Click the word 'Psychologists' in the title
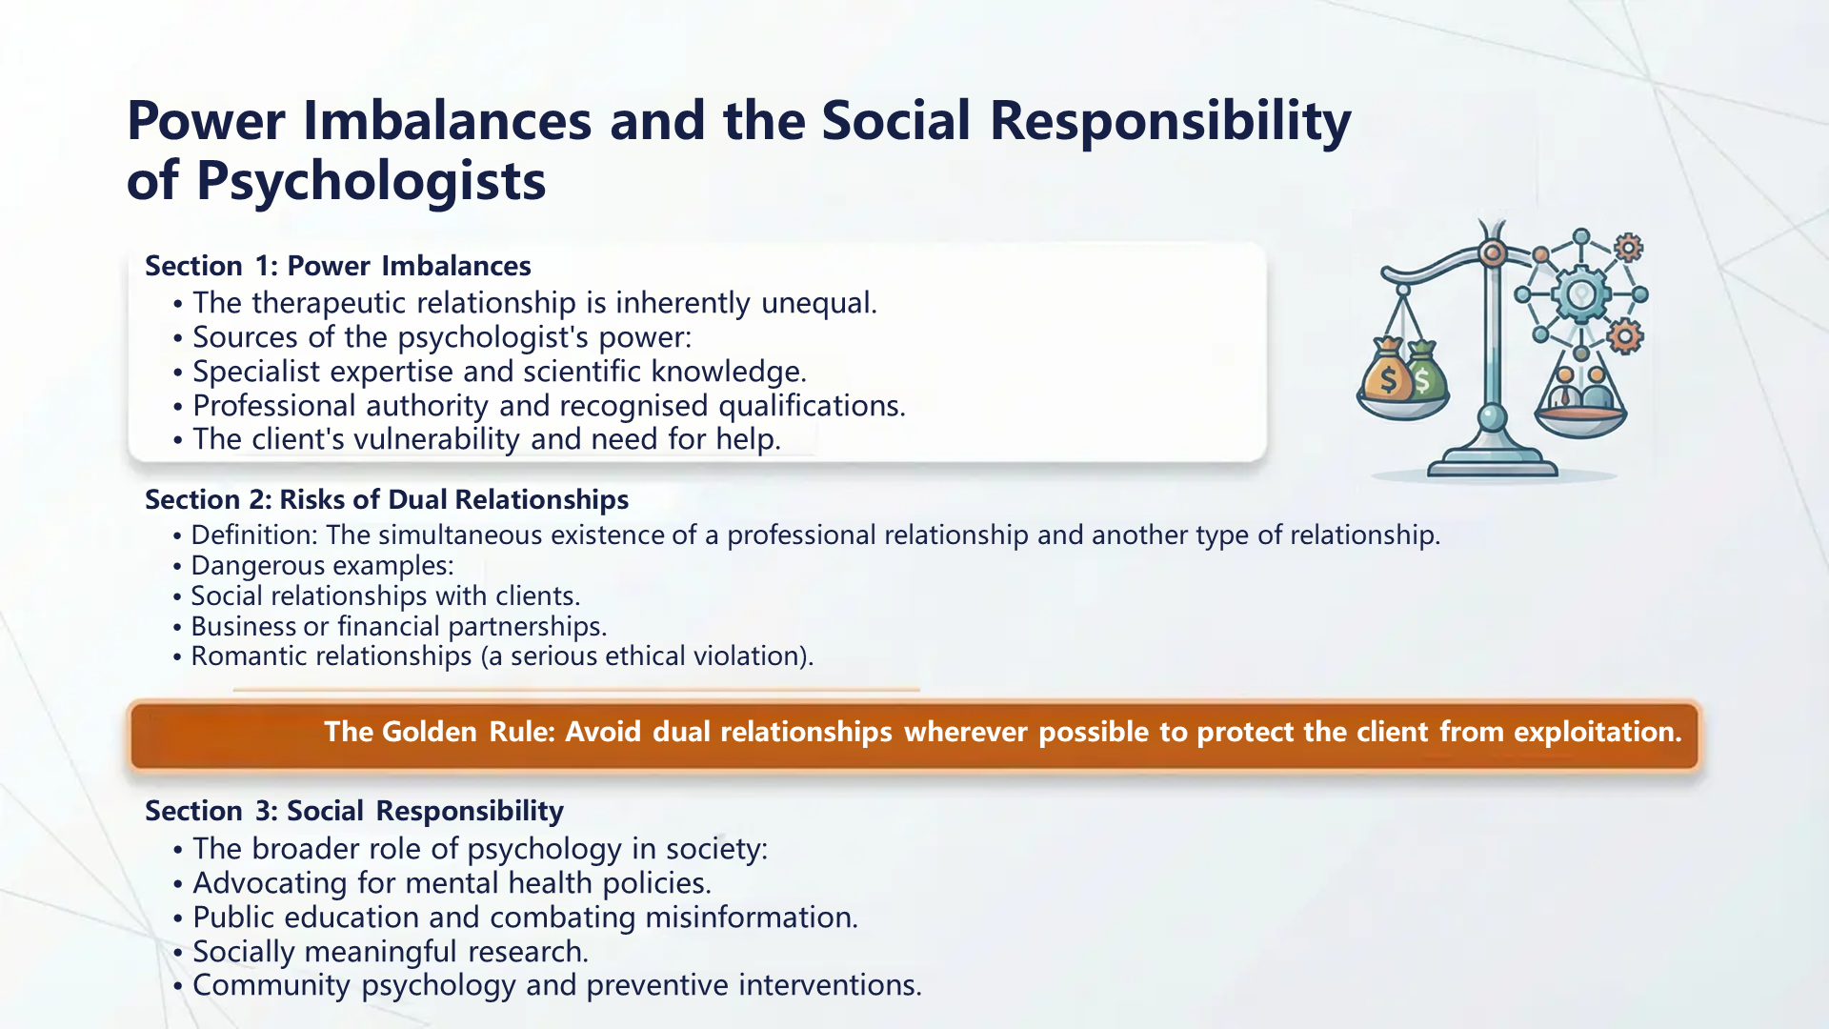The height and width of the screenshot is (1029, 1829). (371, 181)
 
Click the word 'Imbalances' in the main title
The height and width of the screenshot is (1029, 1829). (447, 121)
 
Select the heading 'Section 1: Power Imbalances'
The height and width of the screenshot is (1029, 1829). (337, 266)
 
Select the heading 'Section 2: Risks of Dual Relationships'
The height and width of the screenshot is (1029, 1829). (386, 499)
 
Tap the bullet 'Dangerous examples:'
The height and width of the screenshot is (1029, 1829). (322, 566)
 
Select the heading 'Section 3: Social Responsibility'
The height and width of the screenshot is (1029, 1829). (353, 811)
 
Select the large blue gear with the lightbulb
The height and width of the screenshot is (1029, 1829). (1580, 294)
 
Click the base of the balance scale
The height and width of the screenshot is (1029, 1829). (1492, 466)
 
